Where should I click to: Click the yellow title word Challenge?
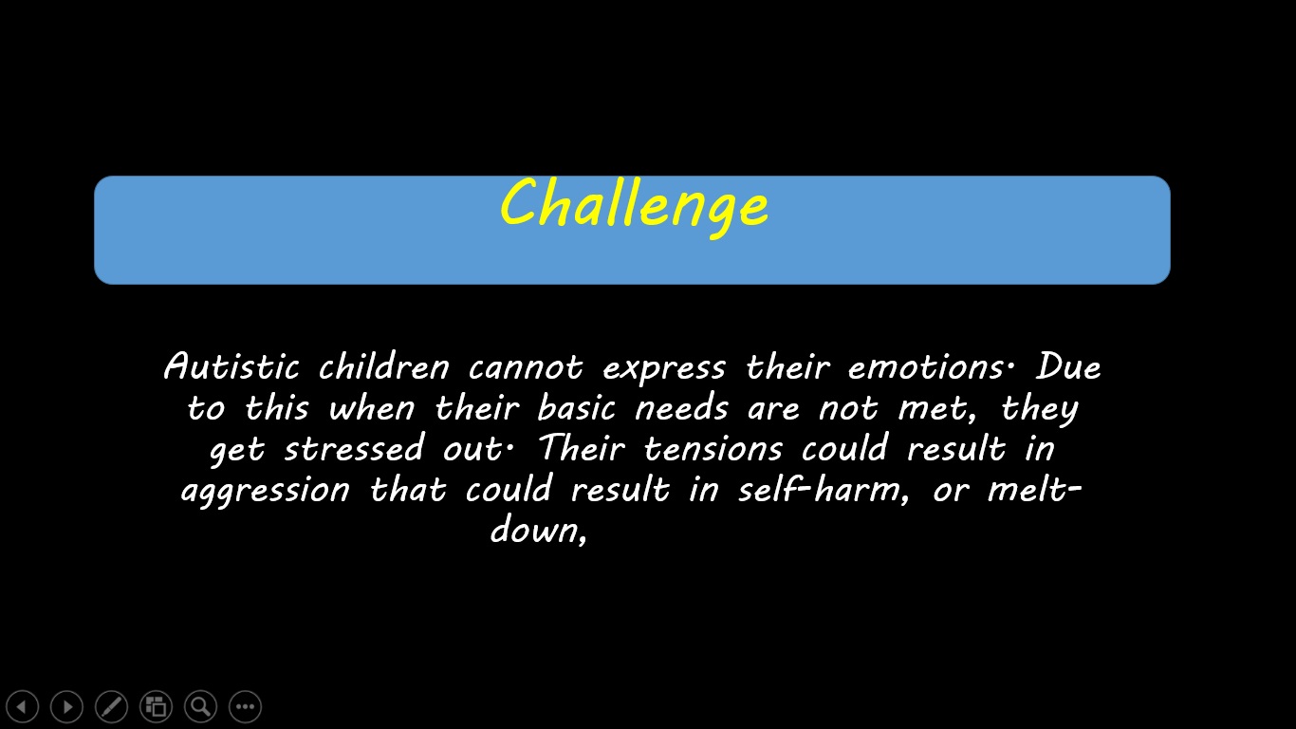pyautogui.click(x=633, y=205)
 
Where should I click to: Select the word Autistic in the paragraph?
pyautogui.click(x=231, y=367)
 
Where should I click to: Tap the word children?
pyautogui.click(x=383, y=367)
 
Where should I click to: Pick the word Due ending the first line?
pyautogui.click(x=1068, y=366)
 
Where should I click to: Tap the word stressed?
pyautogui.click(x=353, y=449)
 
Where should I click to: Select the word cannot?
pyautogui.click(x=526, y=367)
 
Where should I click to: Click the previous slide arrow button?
pyautogui.click(x=22, y=706)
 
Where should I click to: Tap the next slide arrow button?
pyautogui.click(x=66, y=706)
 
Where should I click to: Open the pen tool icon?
pyautogui.click(x=111, y=706)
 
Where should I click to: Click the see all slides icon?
pyautogui.click(x=156, y=706)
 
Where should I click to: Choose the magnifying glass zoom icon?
pyautogui.click(x=200, y=706)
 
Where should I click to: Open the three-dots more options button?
pyautogui.click(x=245, y=706)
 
